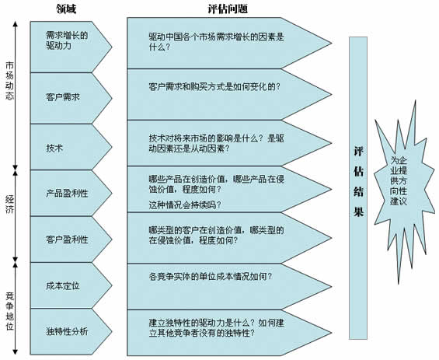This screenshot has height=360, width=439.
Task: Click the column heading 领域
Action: tap(66, 9)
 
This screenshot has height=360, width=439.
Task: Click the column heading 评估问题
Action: tap(228, 9)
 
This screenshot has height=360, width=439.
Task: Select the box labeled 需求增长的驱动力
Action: tap(71, 47)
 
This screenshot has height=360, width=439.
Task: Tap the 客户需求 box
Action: tap(71, 98)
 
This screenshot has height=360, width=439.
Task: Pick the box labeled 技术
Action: tap(71, 147)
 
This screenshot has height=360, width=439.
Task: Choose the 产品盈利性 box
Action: tap(71, 193)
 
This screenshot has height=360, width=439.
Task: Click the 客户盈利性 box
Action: tap(71, 239)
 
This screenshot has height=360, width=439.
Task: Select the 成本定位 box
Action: tap(71, 285)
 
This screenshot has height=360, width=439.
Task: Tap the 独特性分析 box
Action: tap(71, 332)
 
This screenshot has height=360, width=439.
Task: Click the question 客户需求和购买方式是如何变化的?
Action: tap(214, 86)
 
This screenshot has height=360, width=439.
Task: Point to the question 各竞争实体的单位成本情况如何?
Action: tap(211, 277)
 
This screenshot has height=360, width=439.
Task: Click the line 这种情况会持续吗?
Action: tap(185, 204)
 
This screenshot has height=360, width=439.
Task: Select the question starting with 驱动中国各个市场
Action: tap(217, 42)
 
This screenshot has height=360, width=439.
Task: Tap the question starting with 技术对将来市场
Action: tap(217, 143)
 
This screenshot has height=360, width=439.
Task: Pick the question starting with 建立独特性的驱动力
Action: tap(217, 328)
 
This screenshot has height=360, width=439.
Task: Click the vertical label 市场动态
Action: tap(9, 81)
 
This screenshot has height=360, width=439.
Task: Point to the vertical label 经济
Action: tap(9, 204)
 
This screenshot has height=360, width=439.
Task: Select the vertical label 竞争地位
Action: tap(9, 311)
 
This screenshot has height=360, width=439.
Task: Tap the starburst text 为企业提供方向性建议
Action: tap(399, 180)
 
